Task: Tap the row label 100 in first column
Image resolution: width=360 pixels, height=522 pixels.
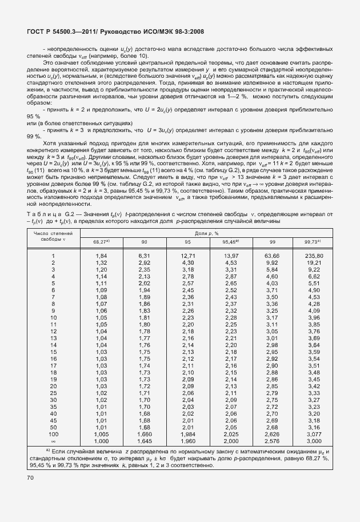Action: tap(53, 435)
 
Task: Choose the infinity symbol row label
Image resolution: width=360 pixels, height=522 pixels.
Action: tap(53, 441)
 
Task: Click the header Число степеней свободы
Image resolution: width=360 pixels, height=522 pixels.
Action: tap(53, 237)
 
